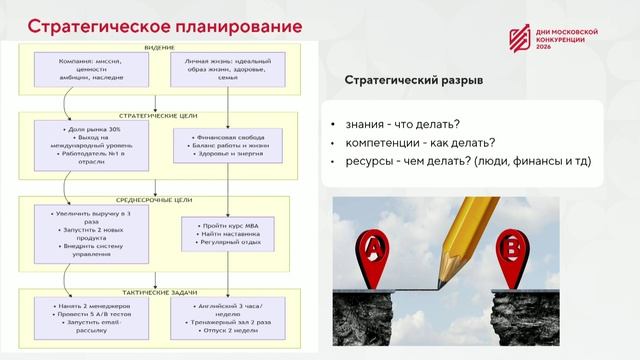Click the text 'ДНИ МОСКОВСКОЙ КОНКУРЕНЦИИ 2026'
click(x=567, y=39)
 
